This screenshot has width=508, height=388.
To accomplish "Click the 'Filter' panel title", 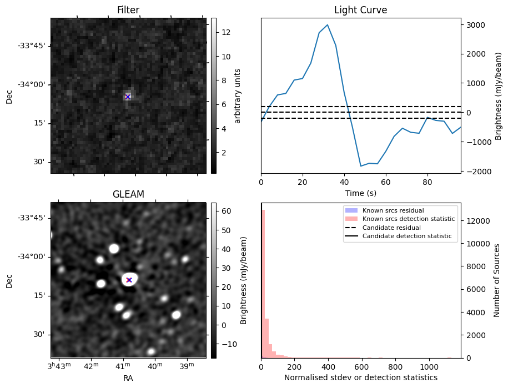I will pos(128,10).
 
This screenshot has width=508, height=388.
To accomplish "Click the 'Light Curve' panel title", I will pos(360,10).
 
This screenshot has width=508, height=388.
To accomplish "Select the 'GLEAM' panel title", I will pos(128,194).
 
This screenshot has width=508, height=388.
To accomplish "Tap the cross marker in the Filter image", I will pos(128,97).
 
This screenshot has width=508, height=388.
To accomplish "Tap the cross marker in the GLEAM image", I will pos(129,280).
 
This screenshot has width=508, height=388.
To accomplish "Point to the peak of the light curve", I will pos(328,25).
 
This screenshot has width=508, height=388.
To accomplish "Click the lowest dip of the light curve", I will pos(361,166).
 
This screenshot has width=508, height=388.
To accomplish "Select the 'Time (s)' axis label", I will pos(360,193).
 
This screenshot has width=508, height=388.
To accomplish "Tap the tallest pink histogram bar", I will pos(263,283).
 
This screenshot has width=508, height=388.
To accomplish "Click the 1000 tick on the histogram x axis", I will pos(429,366).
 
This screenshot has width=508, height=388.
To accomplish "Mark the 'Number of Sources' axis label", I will pos(497,280).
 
